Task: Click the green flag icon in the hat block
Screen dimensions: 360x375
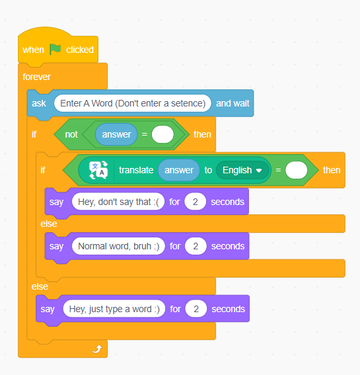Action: pos(55,49)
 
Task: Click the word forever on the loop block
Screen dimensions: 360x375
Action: pos(36,77)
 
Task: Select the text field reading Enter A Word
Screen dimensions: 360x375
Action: pos(133,103)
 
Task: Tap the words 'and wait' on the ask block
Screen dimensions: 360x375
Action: pos(233,103)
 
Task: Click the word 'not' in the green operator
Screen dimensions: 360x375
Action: pos(71,134)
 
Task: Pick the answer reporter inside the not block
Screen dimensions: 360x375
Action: pos(116,134)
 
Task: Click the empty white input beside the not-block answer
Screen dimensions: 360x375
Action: pos(162,134)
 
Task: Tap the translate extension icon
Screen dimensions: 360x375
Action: pos(98,170)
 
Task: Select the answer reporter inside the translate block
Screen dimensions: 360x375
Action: pos(179,170)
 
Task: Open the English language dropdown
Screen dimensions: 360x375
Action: pos(242,170)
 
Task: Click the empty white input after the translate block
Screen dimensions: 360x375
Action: pos(297,170)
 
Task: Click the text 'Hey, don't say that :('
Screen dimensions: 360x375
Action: pos(118,202)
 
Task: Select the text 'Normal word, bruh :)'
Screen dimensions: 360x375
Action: pos(118,246)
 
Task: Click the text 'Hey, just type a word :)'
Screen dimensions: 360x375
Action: pos(114,309)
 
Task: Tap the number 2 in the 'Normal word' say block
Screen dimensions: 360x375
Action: pos(196,246)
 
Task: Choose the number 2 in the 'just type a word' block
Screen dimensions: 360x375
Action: pos(196,309)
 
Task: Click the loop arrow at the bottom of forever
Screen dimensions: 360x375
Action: pos(97,349)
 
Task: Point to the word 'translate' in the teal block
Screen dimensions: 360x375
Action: pos(136,170)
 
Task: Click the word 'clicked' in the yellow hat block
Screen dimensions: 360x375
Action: pos(80,50)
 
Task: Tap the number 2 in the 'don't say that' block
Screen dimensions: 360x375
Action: pos(195,202)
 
